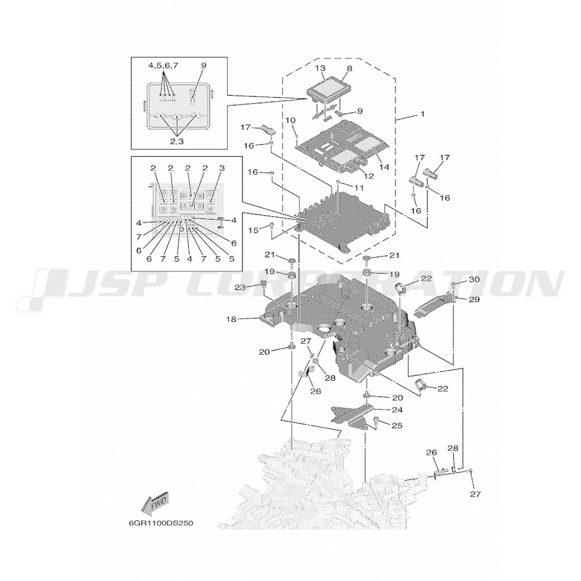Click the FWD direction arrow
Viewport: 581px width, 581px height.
(156, 503)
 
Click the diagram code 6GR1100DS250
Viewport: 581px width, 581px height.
(161, 523)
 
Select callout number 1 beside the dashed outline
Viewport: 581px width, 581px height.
(422, 114)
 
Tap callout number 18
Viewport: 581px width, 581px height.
(231, 319)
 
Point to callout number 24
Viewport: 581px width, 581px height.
(397, 410)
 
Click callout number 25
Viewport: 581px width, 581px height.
(397, 426)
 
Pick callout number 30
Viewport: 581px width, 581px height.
(474, 280)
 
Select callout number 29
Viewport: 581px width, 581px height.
(474, 299)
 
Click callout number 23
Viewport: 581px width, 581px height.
(250, 287)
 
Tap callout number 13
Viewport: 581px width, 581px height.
(321, 68)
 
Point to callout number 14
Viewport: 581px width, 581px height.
(384, 167)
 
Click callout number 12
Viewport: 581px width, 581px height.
(369, 177)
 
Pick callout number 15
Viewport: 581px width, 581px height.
(253, 231)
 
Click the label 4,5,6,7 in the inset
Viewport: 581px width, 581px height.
(163, 65)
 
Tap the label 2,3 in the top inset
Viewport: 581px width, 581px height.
(177, 141)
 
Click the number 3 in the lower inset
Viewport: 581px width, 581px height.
(222, 168)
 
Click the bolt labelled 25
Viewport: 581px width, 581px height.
(377, 420)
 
